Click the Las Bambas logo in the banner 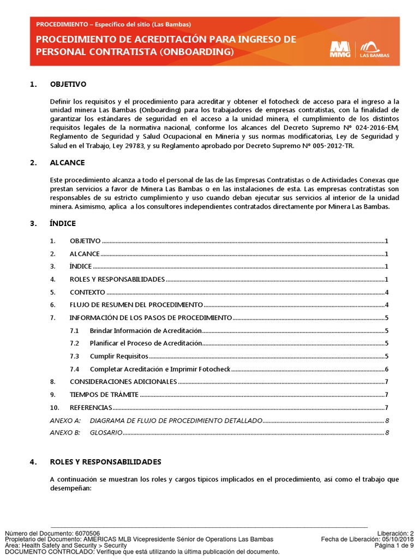pyautogui.click(x=373, y=49)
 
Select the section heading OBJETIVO pyautogui.click(x=68, y=85)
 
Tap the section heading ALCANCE pyautogui.click(x=67, y=163)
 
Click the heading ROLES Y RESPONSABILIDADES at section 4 pyautogui.click(x=105, y=462)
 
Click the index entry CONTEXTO pyautogui.click(x=87, y=292)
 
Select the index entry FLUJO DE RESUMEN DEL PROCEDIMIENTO pyautogui.click(x=136, y=305)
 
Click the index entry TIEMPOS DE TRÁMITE pyautogui.click(x=104, y=395)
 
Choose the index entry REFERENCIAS pyautogui.click(x=91, y=408)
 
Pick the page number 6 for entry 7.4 pyautogui.click(x=386, y=369)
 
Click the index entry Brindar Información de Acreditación pyautogui.click(x=146, y=331)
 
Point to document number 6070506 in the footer pyautogui.click(x=87, y=533)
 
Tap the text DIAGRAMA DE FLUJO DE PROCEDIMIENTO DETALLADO pyautogui.click(x=176, y=420)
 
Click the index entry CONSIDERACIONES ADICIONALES pyautogui.click(x=123, y=382)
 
